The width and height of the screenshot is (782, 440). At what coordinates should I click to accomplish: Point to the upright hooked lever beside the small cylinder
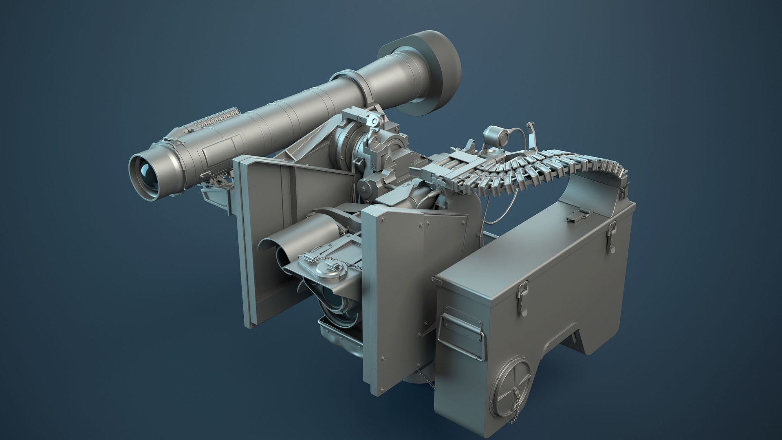pyautogui.click(x=531, y=135)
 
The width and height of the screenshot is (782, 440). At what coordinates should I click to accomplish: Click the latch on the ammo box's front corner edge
pyautogui.click(x=522, y=297)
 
